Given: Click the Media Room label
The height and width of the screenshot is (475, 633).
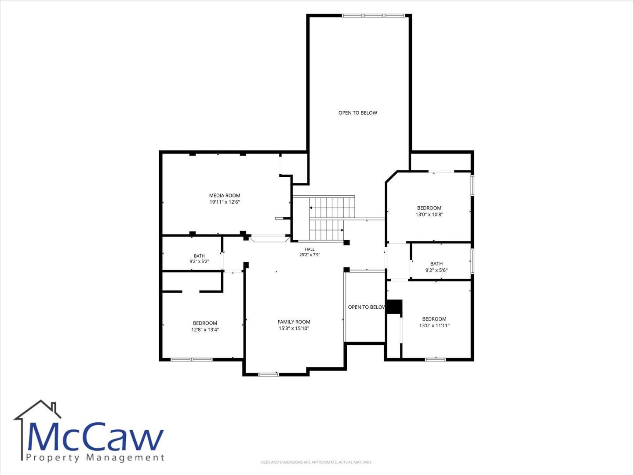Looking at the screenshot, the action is pyautogui.click(x=225, y=196).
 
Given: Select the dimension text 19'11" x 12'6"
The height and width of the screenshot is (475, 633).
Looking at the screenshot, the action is pyautogui.click(x=225, y=202).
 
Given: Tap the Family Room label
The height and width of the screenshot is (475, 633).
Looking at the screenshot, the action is pyautogui.click(x=294, y=322).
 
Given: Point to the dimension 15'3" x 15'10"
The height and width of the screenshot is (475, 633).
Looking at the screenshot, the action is pyautogui.click(x=294, y=329).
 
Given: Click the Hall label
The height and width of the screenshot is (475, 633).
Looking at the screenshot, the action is pyautogui.click(x=310, y=249).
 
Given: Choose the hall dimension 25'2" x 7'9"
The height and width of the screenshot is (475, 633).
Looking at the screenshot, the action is pyautogui.click(x=310, y=255).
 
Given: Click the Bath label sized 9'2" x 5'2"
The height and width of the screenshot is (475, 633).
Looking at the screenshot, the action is pyautogui.click(x=199, y=256).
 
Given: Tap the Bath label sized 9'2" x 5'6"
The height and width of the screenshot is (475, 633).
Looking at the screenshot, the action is pyautogui.click(x=437, y=263).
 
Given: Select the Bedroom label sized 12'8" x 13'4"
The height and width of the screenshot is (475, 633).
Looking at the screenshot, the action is pyautogui.click(x=205, y=323).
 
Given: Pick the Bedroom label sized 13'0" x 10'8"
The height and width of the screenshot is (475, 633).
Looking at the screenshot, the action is pyautogui.click(x=429, y=208).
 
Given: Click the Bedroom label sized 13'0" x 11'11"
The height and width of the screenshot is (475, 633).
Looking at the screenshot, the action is pyautogui.click(x=434, y=319).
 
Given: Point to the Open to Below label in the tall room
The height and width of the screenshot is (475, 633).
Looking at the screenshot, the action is pyautogui.click(x=357, y=113).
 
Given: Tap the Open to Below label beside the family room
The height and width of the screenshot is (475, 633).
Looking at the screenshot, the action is pyautogui.click(x=367, y=307).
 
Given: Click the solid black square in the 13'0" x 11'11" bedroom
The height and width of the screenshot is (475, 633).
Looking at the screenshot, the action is pyautogui.click(x=394, y=307).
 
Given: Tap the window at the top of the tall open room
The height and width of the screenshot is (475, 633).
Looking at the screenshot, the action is pyautogui.click(x=374, y=15).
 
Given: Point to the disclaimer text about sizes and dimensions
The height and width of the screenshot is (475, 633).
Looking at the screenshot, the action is pyautogui.click(x=316, y=462).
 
